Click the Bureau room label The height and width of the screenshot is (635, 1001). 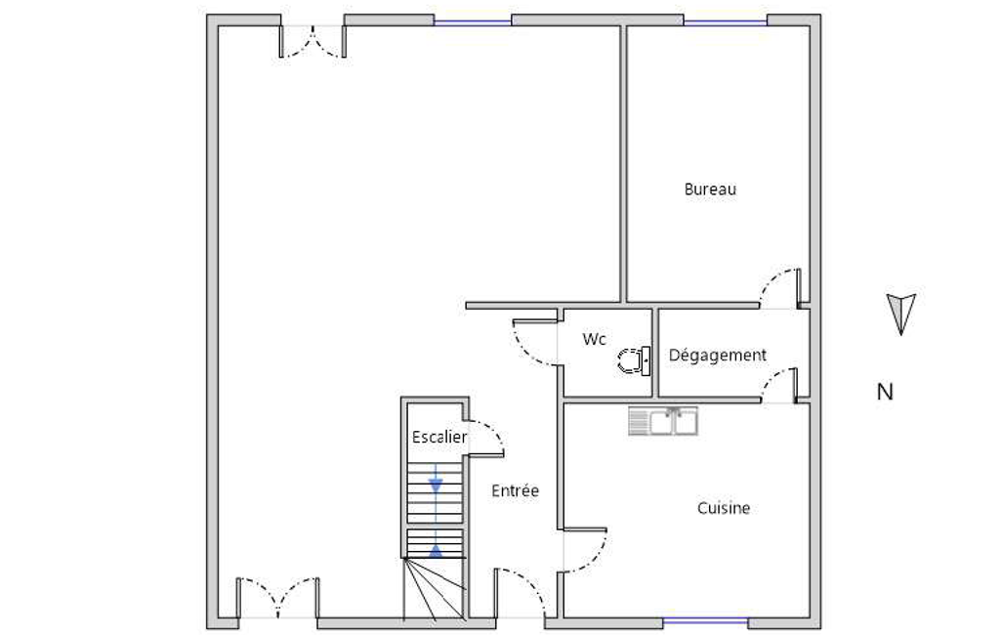[710, 190]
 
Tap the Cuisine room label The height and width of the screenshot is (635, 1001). [724, 508]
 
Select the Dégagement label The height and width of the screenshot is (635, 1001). [718, 356]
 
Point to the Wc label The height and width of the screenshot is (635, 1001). [594, 339]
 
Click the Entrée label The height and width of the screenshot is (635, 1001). [516, 490]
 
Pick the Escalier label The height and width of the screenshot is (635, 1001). [439, 437]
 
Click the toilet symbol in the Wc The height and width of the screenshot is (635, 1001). [634, 360]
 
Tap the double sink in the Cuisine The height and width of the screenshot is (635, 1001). [663, 421]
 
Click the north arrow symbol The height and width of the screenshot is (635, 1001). [900, 314]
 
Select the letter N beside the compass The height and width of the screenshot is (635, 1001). [885, 392]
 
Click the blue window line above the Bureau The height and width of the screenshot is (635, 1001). [726, 22]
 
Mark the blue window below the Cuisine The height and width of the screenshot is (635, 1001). [705, 621]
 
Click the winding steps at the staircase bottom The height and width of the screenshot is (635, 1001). [436, 588]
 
